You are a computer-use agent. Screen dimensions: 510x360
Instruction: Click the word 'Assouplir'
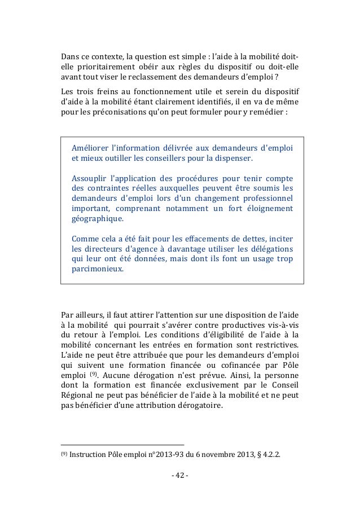[92, 178]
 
